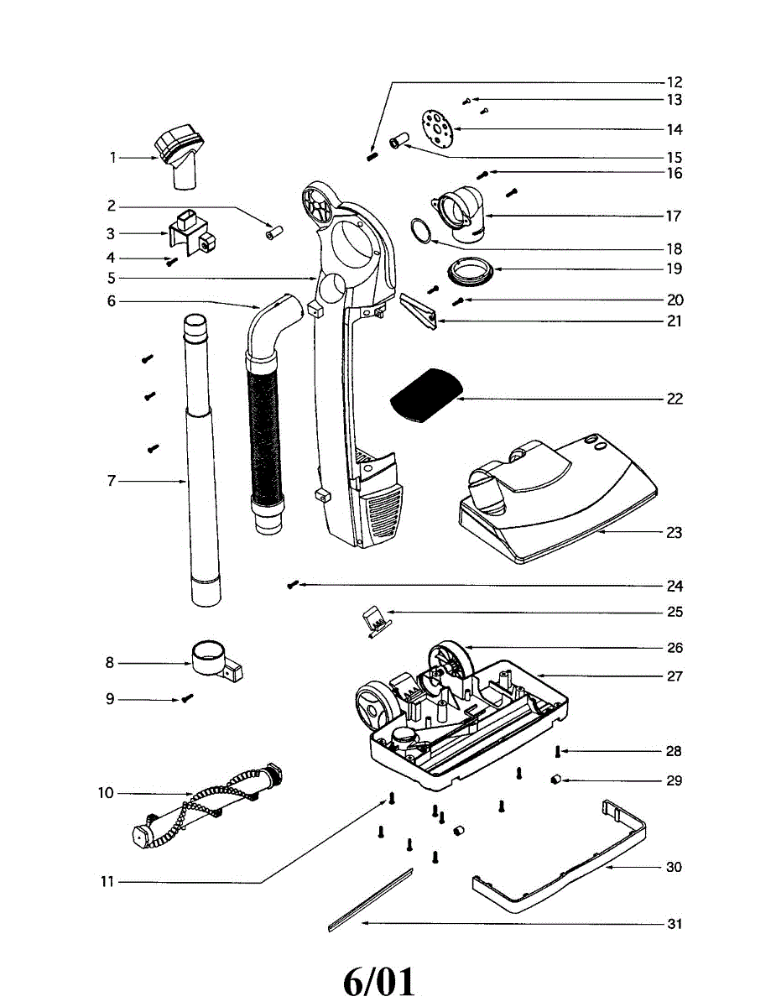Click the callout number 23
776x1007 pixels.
click(x=674, y=533)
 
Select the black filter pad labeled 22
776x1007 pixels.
click(x=425, y=394)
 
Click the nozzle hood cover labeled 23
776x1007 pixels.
click(x=554, y=503)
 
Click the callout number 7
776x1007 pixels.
click(x=111, y=481)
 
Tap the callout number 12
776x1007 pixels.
click(x=674, y=82)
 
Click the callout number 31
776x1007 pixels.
click(x=674, y=924)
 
